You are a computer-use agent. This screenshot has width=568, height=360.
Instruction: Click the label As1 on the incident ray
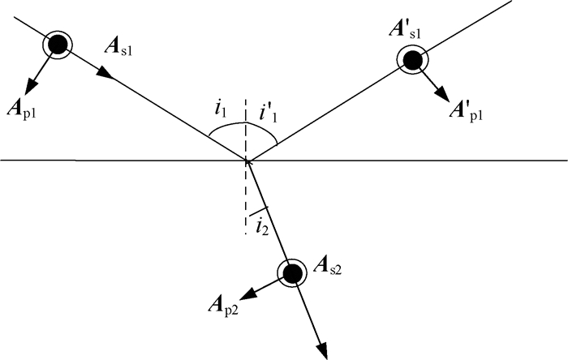click(x=118, y=47)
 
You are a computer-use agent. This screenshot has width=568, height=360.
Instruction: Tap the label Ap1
click(x=23, y=110)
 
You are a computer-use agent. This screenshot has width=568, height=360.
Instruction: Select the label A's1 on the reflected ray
click(x=405, y=30)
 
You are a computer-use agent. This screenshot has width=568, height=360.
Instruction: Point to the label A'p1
click(x=466, y=112)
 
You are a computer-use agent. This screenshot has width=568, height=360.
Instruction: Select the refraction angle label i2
click(x=262, y=227)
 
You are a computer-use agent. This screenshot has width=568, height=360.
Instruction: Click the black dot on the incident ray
click(x=58, y=45)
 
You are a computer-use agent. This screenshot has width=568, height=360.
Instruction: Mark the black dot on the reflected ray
click(x=412, y=60)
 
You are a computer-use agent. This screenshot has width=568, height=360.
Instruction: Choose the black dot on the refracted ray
click(x=292, y=273)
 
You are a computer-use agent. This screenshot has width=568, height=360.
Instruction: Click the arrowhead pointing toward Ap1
click(x=31, y=86)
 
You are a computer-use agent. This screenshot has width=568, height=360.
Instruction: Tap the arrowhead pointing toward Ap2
click(x=249, y=294)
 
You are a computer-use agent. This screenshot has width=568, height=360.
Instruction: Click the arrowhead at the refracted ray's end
click(x=322, y=350)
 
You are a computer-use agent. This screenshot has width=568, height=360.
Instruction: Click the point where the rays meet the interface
click(x=247, y=160)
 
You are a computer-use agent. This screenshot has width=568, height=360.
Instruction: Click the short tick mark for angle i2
click(x=258, y=211)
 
